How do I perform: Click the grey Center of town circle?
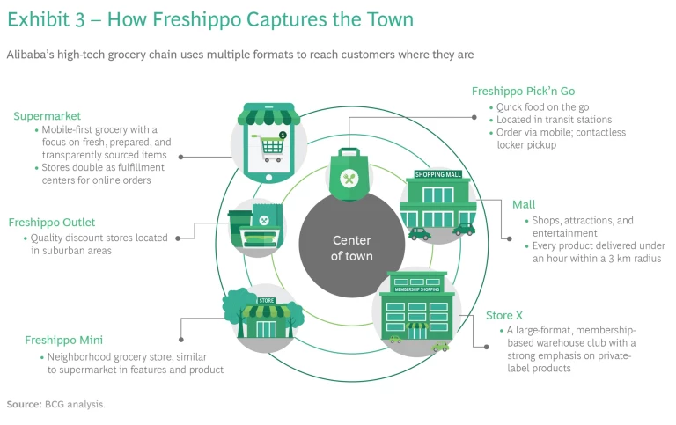pyautogui.click(x=352, y=248)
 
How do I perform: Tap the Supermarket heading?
pyautogui.click(x=47, y=115)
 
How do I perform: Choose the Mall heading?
pyautogui.click(x=524, y=204)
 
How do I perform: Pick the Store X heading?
pyautogui.click(x=504, y=314)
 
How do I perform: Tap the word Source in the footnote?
pyautogui.click(x=23, y=405)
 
